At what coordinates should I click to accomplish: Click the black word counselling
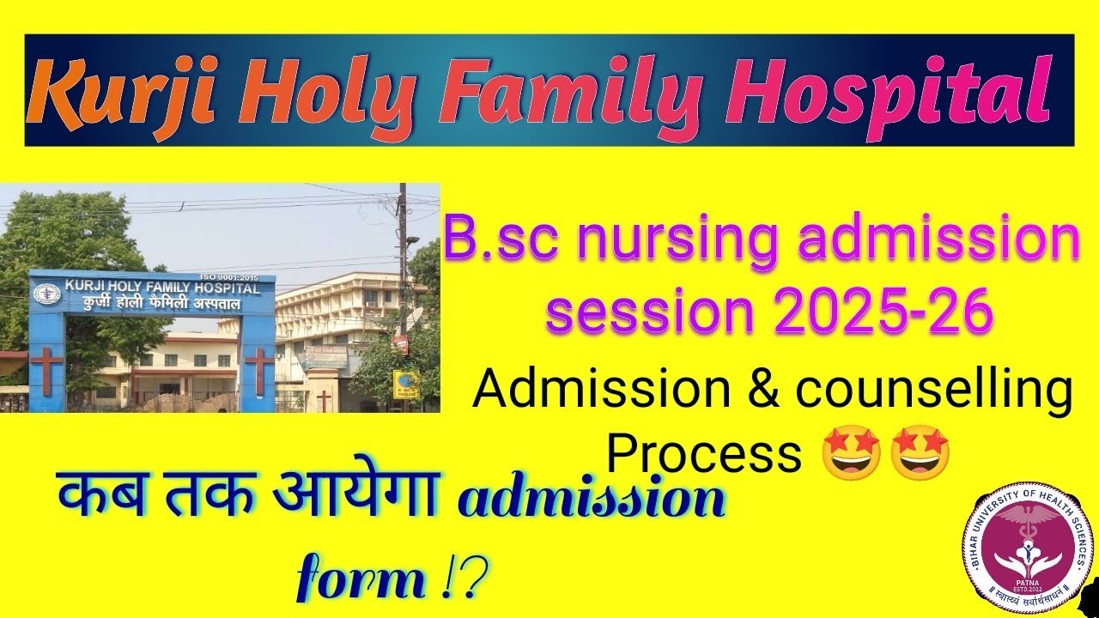click(933, 391)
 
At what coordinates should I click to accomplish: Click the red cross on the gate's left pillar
click(47, 369)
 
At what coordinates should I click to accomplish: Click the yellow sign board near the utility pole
click(405, 384)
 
